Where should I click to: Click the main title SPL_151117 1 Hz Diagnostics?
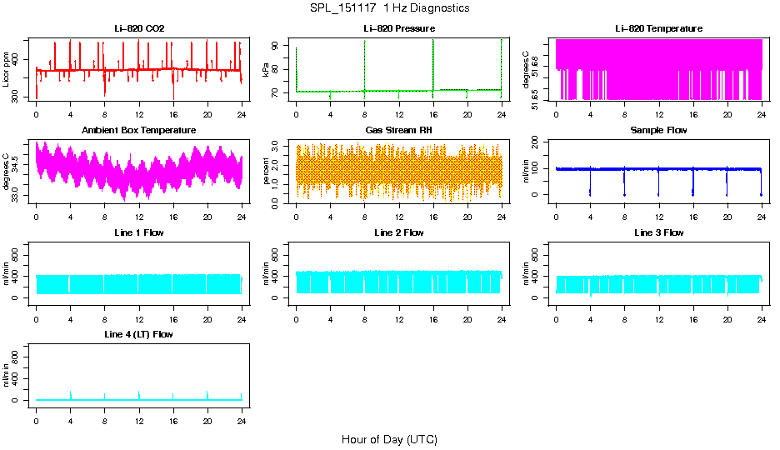389,8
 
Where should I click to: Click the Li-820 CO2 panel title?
139,28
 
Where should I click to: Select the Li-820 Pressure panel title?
398,28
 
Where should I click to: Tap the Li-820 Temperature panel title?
658,28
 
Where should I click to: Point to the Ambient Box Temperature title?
139,130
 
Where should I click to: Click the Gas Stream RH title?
398,130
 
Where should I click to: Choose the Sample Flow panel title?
658,130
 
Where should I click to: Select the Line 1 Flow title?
139,232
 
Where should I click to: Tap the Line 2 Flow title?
398,232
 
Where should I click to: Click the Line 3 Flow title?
658,232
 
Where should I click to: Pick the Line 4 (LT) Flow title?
139,334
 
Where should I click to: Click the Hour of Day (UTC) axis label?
389,439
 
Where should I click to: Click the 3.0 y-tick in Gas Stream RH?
278,146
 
